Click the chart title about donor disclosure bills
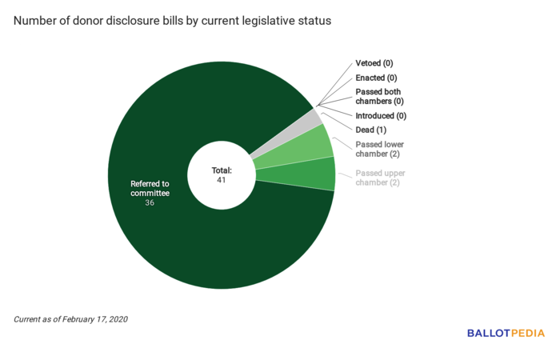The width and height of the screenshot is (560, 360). [171, 21]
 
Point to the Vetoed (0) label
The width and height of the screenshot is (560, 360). [374, 63]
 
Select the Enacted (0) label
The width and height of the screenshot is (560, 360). [376, 78]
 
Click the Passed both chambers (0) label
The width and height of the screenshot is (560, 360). [379, 97]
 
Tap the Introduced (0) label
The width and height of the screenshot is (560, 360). [380, 116]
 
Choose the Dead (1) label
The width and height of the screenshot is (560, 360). [370, 130]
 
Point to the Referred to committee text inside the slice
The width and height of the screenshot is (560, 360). [150, 188]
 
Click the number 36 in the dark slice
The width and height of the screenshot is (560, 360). [150, 203]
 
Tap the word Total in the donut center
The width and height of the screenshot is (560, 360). [221, 170]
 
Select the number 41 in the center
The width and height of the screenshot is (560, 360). [221, 180]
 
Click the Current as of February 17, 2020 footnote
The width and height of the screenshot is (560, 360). [70, 319]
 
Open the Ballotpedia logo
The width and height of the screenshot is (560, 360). [506, 333]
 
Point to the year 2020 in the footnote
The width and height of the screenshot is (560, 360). [117, 319]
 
